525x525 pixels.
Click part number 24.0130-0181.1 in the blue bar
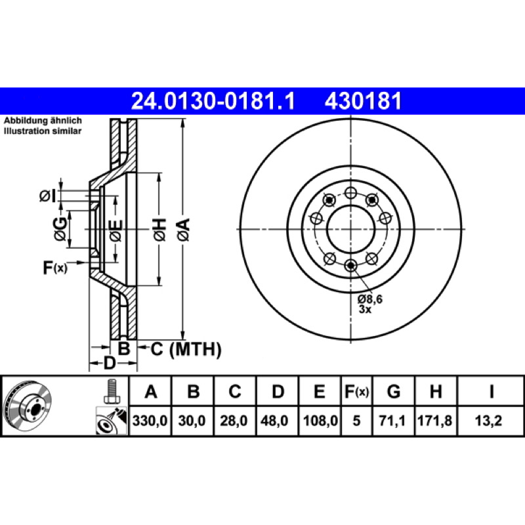pos(213,101)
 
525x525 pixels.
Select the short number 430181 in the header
pos(363,101)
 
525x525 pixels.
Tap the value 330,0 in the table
pos(150,421)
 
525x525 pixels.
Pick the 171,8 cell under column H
pos(434,421)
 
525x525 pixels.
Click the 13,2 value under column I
pos(488,421)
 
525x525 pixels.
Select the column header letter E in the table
pos(319,391)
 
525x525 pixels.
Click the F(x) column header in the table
pos(356,391)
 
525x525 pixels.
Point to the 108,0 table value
pos(320,421)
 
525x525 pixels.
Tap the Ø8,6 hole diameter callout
pos(369,299)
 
